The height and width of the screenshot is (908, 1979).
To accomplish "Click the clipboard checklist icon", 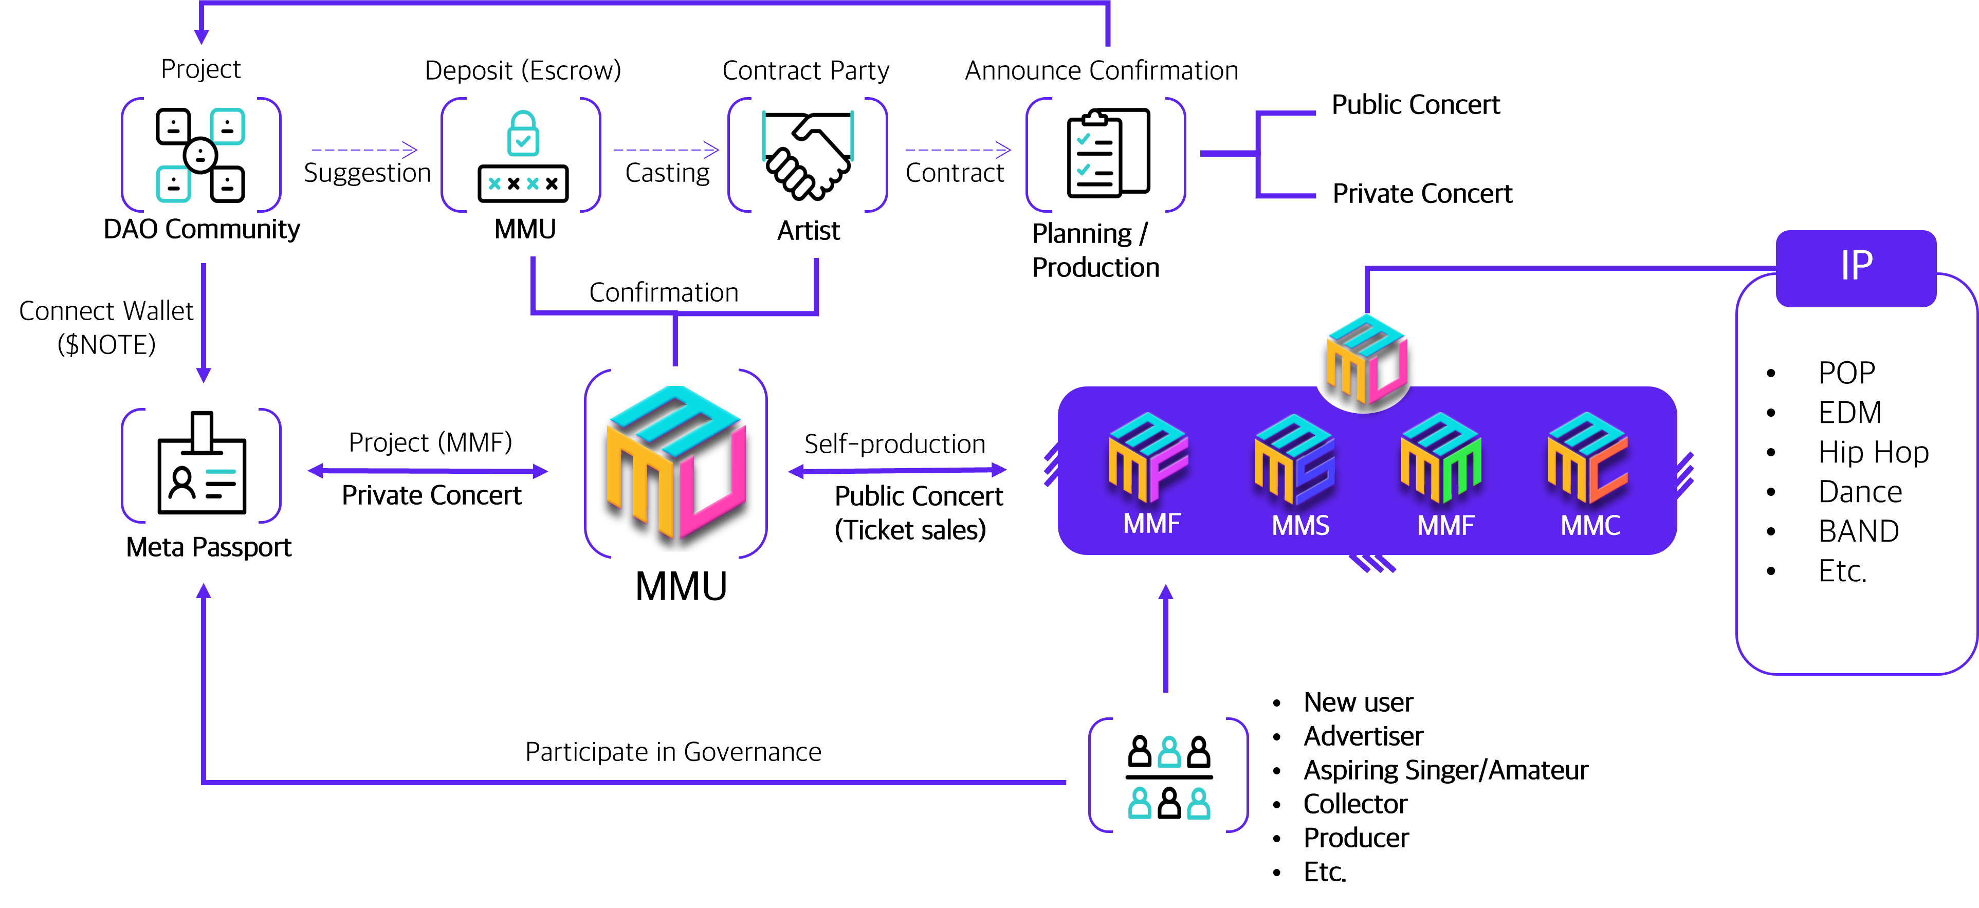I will point(1107,154).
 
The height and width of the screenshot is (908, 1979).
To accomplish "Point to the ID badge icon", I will point(201,464).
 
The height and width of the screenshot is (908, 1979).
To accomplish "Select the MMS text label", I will point(1300,526).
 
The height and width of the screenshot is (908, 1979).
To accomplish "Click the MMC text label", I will point(1590,526).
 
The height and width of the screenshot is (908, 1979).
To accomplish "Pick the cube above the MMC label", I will point(1587,458).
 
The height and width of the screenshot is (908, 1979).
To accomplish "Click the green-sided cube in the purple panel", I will point(1441,458).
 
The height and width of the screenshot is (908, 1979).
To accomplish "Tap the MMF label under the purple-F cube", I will point(1151,525).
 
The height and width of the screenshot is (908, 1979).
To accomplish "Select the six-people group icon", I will point(1168,776).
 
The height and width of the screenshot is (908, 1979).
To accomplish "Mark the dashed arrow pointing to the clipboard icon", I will point(958,151).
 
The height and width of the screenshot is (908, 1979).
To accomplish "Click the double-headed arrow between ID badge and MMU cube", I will point(428,471).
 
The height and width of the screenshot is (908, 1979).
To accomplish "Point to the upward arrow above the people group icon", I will point(1165,638).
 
